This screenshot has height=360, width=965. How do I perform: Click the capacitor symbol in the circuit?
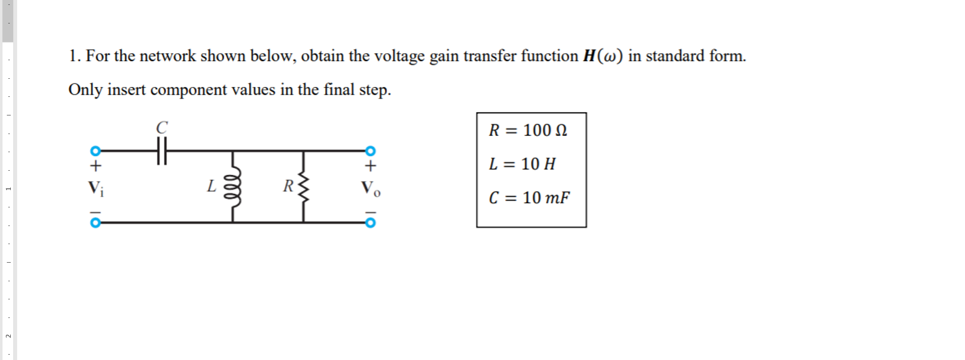(162, 151)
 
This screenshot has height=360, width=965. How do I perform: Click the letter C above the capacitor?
(162, 128)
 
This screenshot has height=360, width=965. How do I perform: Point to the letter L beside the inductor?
(211, 186)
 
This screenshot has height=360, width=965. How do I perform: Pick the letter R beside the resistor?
(288, 186)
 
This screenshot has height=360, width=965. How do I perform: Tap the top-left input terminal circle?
(96, 150)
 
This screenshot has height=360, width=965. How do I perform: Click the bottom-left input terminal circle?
(96, 223)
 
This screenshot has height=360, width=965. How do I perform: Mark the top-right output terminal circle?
(371, 150)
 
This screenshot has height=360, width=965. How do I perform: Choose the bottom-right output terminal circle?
(371, 223)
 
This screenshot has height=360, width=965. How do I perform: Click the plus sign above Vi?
(96, 165)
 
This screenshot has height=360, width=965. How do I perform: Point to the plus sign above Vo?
(371, 165)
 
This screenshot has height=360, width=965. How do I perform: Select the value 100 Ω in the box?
(545, 130)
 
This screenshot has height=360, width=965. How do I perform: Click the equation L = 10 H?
(522, 164)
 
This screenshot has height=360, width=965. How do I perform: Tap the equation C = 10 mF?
(529, 198)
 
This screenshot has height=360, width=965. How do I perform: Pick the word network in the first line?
(168, 56)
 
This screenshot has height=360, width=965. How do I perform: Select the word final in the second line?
(339, 90)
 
